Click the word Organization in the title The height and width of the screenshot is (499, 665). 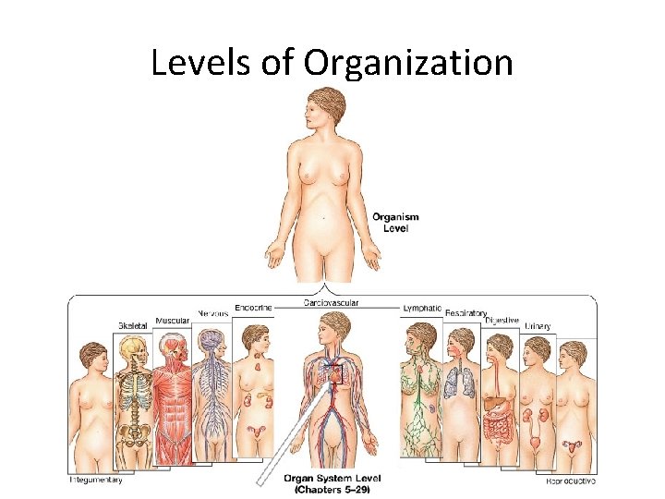pos(408,63)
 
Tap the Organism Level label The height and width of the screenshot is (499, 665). pos(395,222)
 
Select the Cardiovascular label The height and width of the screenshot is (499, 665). pos(332,302)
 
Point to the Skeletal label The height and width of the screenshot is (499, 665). pos(132,325)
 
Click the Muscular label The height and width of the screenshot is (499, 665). pos(172,321)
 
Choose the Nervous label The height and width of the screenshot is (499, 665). pos(212,314)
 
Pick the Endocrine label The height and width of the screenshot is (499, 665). pos(253,308)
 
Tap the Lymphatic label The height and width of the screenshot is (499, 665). pos(422,308)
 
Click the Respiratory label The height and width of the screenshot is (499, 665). pos(465,313)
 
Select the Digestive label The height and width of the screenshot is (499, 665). pos(502,320)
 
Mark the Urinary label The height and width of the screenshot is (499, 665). pos(538,325)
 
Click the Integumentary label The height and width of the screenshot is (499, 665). pos(96,479)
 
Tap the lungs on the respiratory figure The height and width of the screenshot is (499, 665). pos(458,382)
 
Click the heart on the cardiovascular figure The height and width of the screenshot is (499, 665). pos(332,374)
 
